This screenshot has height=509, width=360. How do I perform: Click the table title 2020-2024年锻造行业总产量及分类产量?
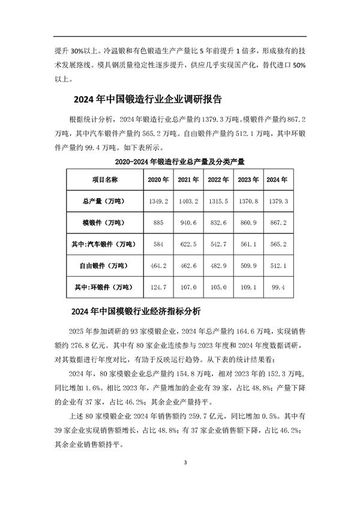coord(182,162)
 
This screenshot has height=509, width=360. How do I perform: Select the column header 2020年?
coord(158,179)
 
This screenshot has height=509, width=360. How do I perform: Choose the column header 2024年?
coord(277,179)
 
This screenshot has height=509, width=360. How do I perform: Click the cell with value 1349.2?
coord(158,201)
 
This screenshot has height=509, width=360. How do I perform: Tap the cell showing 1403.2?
coord(188,201)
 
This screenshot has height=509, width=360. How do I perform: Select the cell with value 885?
coord(158,223)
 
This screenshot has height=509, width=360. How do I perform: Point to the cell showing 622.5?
coord(188,244)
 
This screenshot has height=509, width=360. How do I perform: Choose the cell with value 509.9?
coord(247,265)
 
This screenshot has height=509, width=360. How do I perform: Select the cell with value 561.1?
coord(247,244)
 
